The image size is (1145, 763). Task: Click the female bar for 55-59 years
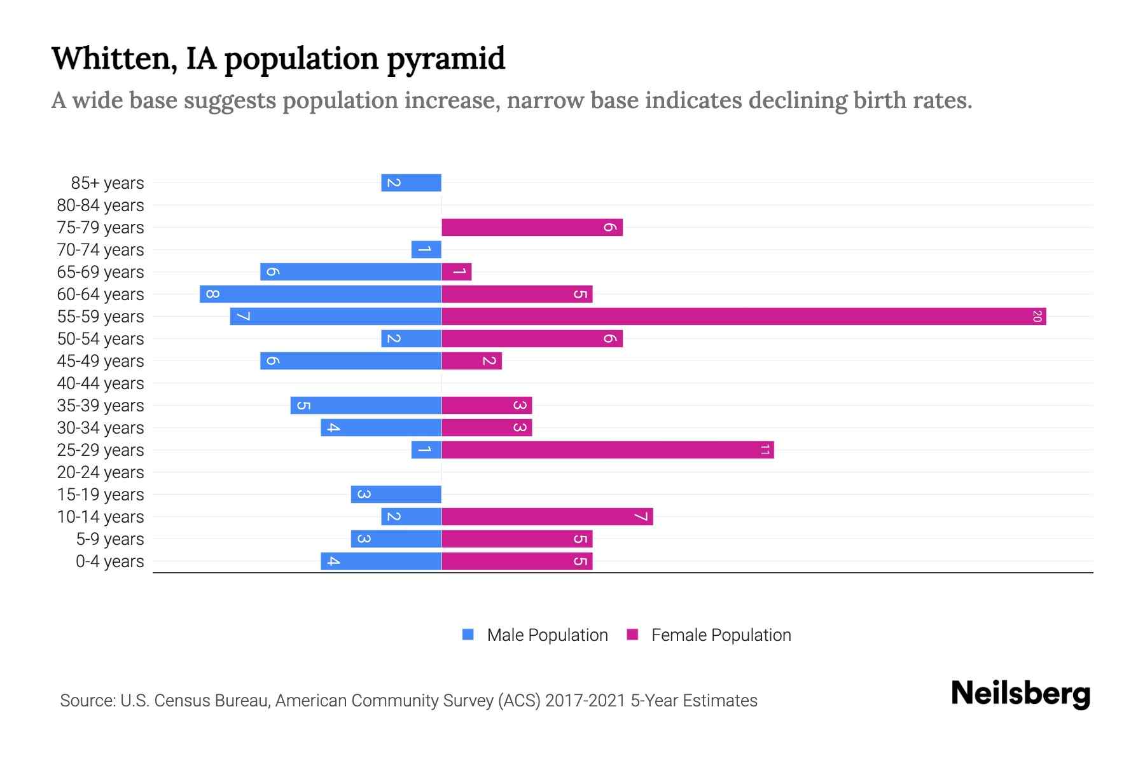coord(743,316)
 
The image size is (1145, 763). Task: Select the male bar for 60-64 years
coord(320,294)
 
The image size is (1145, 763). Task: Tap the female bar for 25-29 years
coord(607,450)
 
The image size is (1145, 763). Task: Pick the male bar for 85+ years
coord(411,182)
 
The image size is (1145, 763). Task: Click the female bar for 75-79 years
coord(532,227)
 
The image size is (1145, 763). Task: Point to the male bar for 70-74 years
coord(426,249)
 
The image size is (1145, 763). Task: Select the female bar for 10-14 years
coord(547,516)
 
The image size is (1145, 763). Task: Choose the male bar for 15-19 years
coord(396,494)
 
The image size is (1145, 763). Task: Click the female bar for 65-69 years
coord(456,272)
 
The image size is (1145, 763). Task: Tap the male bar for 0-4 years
coord(380,561)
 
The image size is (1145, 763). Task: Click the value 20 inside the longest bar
coord(1036,316)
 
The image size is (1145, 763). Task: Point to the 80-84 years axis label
coord(101,205)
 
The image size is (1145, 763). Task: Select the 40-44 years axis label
coord(101,383)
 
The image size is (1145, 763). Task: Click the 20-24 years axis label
coord(101,472)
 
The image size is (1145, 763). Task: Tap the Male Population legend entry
coord(535,635)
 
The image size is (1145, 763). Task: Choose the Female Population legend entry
coord(709,635)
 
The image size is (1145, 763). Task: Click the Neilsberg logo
coord(1020,694)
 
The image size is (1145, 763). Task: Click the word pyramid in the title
coord(446,58)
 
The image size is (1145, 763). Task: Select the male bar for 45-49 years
coord(350,361)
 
